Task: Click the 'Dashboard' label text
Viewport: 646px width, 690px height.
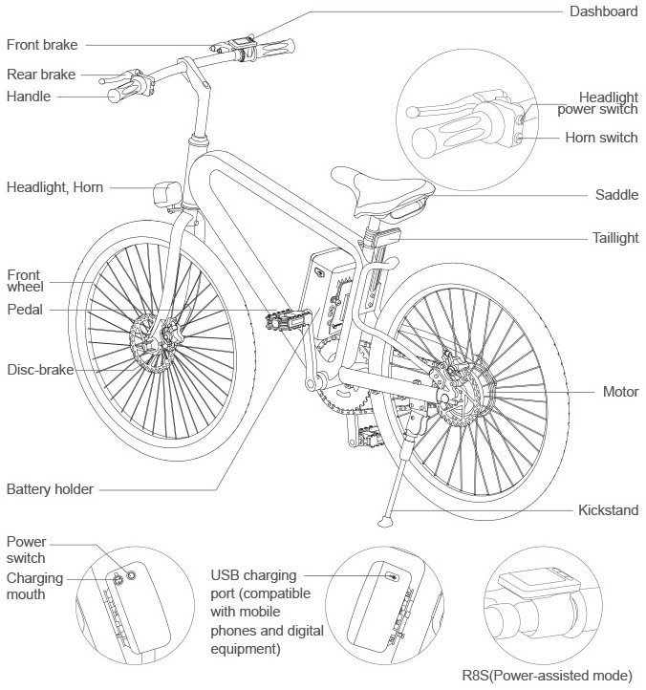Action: click(603, 11)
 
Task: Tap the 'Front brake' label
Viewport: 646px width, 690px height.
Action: click(42, 44)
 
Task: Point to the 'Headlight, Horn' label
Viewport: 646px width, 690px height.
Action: click(54, 187)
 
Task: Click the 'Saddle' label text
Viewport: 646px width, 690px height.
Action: click(616, 194)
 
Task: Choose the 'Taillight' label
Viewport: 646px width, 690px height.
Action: click(612, 238)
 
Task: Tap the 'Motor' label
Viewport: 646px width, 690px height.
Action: click(619, 392)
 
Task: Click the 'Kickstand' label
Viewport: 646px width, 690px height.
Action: click(608, 510)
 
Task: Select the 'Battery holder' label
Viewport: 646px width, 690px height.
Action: click(50, 489)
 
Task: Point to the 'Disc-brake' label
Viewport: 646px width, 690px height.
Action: click(40, 369)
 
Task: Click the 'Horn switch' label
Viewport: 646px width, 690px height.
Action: click(600, 138)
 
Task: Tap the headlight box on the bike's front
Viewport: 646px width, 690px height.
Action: click(168, 194)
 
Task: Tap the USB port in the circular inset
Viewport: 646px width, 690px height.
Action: click(392, 576)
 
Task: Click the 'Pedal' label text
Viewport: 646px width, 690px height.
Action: click(25, 309)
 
